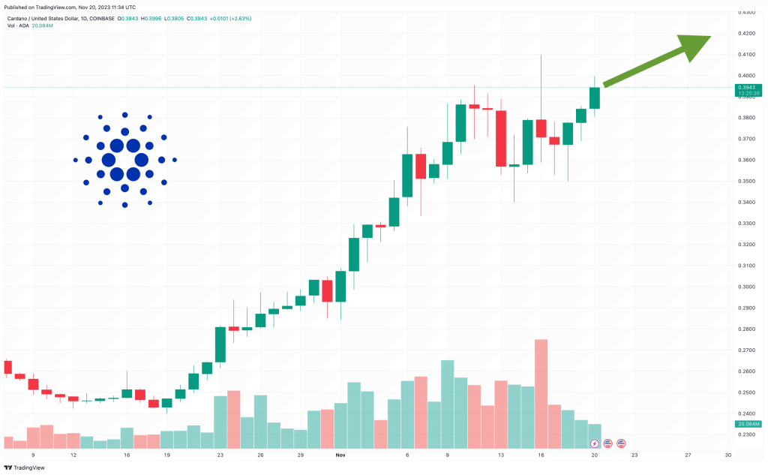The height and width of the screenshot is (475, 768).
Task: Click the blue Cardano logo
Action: (x=125, y=160)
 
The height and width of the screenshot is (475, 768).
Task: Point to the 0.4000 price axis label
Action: (x=746, y=76)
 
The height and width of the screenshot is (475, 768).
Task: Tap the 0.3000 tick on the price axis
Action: (x=746, y=287)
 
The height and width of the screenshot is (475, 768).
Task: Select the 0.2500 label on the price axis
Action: (x=746, y=392)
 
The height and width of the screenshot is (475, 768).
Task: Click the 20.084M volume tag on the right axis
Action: (x=748, y=424)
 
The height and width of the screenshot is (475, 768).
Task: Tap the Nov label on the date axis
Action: (x=340, y=455)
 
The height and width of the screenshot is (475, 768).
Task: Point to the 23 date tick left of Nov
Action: (x=220, y=455)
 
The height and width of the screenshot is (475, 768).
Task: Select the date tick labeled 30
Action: (x=727, y=455)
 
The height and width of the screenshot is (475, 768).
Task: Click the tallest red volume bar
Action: (x=541, y=394)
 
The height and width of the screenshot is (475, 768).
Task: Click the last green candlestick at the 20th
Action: (x=595, y=98)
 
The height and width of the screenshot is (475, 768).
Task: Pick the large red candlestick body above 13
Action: (x=500, y=139)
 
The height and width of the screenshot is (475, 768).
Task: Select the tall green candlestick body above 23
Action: (x=220, y=344)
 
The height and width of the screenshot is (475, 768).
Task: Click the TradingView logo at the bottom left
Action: (x=24, y=467)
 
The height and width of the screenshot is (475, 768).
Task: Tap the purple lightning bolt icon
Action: (x=594, y=444)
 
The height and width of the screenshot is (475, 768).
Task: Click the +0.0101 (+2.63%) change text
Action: (x=230, y=19)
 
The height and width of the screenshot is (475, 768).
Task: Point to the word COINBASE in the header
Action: (x=102, y=19)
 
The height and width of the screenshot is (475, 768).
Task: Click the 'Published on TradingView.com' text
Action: (x=40, y=8)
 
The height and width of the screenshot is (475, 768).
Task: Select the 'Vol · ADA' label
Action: (x=18, y=26)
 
